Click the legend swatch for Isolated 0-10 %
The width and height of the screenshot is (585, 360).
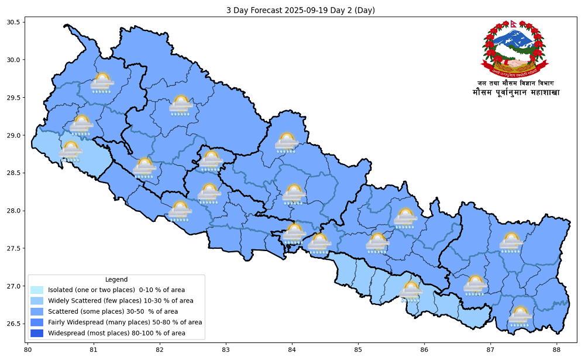pos(37,290)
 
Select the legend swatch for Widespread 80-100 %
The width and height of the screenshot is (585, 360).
pos(37,333)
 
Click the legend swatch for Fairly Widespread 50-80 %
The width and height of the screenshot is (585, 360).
pos(37,323)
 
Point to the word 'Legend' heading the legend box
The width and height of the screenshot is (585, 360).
pos(116,279)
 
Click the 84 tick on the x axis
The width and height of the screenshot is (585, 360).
pos(291,351)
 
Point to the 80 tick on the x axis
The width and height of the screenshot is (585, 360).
pos(27,351)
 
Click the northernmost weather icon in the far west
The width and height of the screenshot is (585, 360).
pos(102,83)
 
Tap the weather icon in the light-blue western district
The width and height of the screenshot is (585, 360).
pos(71,151)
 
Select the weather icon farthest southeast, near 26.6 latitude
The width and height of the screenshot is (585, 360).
pos(519,316)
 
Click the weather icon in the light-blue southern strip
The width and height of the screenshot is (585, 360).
pos(411,292)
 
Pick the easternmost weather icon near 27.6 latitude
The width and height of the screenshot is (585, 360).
pos(511,242)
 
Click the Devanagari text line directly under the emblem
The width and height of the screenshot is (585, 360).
pos(515,83)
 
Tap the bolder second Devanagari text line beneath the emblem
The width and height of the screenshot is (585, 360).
pos(515,92)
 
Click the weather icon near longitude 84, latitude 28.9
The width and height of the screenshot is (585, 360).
pos(286,142)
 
